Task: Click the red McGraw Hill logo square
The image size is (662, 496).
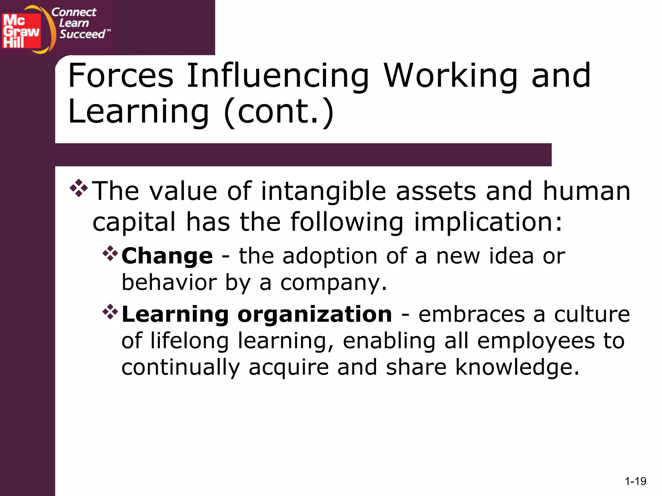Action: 21,31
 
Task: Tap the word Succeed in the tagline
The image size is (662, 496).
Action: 82,34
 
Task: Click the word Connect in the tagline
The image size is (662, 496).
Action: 74,12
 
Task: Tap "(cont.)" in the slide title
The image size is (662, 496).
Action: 279,111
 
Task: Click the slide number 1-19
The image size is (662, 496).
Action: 635,481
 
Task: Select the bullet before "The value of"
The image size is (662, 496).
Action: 79,188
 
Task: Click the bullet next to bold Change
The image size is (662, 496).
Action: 110,253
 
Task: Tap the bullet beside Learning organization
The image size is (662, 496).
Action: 110,312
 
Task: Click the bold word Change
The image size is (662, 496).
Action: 167,256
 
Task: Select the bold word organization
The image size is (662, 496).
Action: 315,314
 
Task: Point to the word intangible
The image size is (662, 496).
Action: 323,191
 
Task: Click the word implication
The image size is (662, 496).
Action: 488,222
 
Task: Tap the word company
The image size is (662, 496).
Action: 333,283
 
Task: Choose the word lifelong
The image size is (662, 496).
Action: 190,341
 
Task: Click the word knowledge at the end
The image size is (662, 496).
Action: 517,367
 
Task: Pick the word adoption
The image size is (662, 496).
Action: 330,256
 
